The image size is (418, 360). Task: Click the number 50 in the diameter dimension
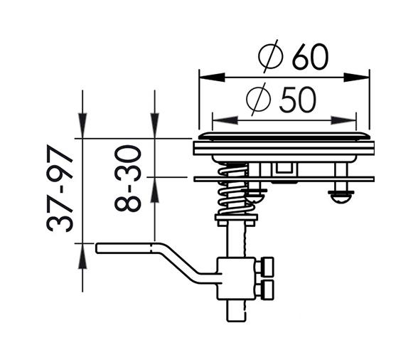[297, 100]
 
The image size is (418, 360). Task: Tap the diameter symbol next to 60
[271, 57]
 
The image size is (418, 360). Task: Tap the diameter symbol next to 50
[259, 100]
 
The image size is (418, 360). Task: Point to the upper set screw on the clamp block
[267, 266]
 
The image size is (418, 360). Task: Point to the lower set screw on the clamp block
[267, 289]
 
